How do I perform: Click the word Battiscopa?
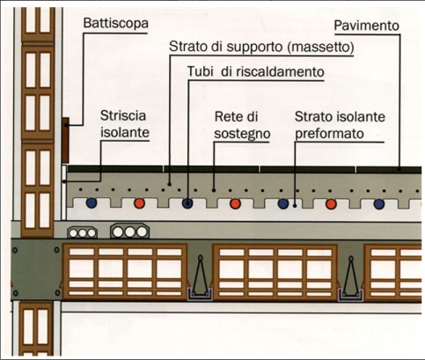(115, 23)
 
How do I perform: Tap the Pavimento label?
(367, 26)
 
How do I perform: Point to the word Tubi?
(200, 71)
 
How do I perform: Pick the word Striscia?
(123, 115)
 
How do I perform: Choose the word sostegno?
(242, 134)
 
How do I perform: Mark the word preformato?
(329, 134)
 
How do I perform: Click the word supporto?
(250, 48)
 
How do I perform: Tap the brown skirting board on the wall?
(65, 140)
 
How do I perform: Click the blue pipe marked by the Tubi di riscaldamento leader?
(187, 203)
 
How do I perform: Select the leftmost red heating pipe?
(139, 203)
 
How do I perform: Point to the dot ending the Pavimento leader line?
(399, 169)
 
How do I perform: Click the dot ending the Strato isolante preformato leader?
(295, 206)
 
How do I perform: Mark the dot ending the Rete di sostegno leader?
(214, 190)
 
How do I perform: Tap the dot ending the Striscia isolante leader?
(64, 182)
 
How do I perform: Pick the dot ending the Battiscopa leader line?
(67, 125)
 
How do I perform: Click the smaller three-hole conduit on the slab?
(83, 233)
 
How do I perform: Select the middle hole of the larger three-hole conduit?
(130, 232)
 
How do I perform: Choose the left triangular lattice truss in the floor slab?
(201, 277)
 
